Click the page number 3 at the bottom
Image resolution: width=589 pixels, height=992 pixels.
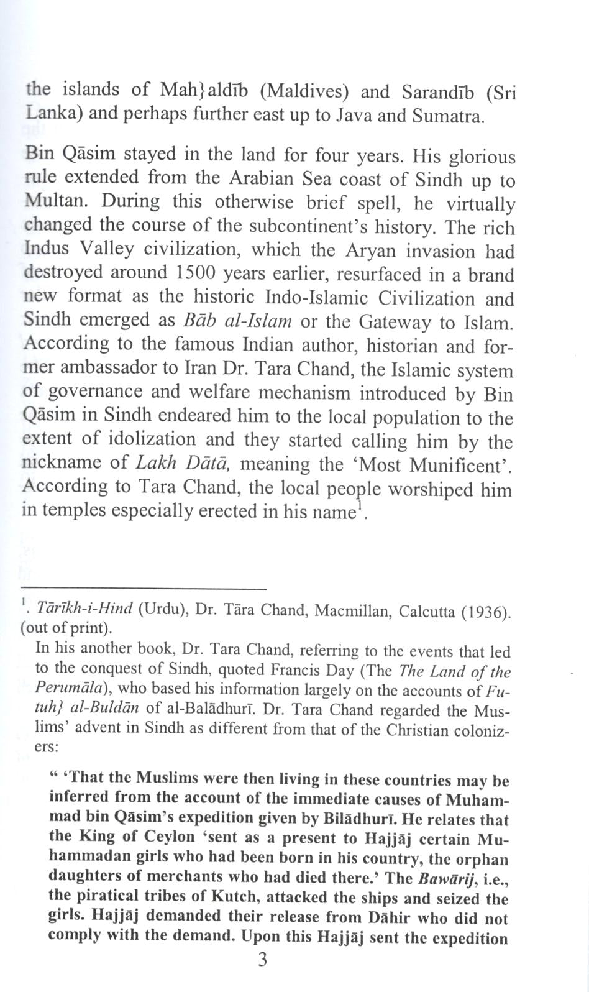(262, 960)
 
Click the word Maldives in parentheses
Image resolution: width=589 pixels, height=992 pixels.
(307, 92)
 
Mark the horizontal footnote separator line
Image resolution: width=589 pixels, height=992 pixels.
(143, 587)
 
